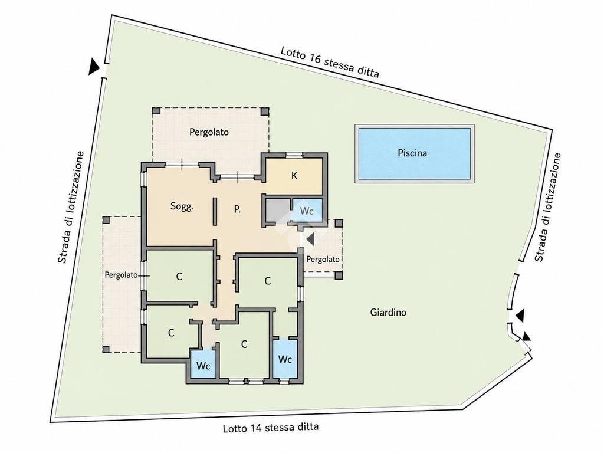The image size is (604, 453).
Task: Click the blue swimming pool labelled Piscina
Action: click(x=415, y=153)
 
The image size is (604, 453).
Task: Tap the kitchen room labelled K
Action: click(x=294, y=176)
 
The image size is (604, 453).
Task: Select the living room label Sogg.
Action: click(x=182, y=206)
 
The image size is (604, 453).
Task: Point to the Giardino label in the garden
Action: click(x=388, y=313)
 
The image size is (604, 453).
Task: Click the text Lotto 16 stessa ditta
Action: click(x=330, y=62)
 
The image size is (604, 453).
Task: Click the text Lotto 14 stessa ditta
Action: click(x=271, y=428)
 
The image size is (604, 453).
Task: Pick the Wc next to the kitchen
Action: click(x=307, y=211)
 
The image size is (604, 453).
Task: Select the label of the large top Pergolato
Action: click(x=209, y=132)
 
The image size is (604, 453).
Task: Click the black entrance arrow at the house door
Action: click(x=310, y=239)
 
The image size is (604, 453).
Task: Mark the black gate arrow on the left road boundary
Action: click(x=94, y=67)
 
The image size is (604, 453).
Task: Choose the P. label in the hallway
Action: click(x=237, y=209)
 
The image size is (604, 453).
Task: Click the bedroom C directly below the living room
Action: click(x=179, y=276)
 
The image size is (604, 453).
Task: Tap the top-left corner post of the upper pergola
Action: click(x=156, y=111)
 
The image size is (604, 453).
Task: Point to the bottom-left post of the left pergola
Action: click(x=106, y=349)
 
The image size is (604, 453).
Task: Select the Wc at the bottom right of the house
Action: click(x=285, y=359)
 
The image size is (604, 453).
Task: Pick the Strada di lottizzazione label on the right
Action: click(x=548, y=208)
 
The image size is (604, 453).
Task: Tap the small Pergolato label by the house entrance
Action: click(x=323, y=260)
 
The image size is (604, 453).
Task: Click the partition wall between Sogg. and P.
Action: click(x=215, y=212)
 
